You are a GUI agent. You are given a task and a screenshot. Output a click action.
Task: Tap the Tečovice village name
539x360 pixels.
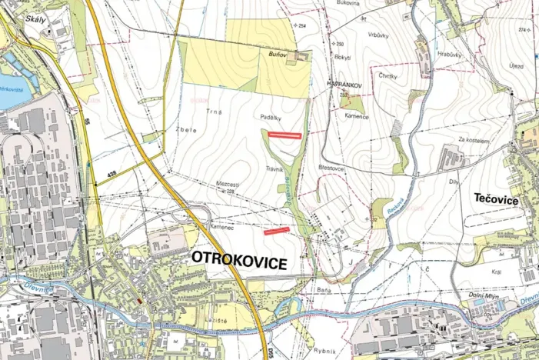pos(492,200)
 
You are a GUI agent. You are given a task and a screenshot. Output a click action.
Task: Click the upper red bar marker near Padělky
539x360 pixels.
pos(282,135)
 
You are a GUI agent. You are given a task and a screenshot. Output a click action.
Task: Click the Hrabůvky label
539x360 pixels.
pos(447,55)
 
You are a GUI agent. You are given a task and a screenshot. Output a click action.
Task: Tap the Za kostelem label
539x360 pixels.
pos(474,139)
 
